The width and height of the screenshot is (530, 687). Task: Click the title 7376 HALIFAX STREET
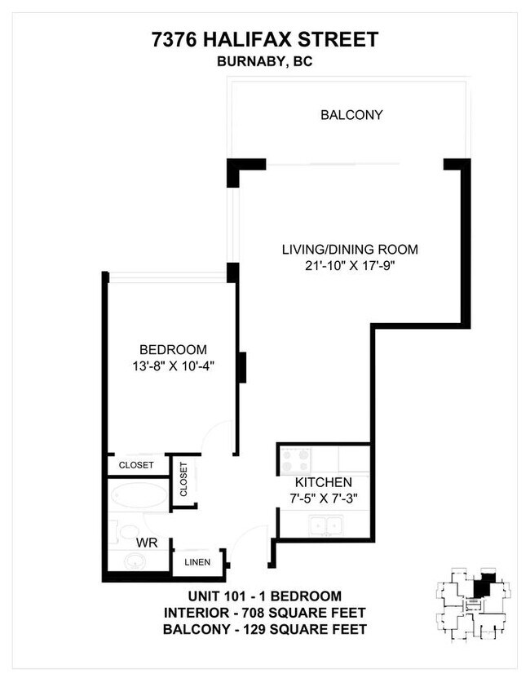(265, 39)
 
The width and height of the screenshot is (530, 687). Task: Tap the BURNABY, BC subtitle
(265, 60)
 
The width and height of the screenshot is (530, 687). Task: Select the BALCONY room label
(351, 115)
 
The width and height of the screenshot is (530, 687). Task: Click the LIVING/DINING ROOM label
(350, 250)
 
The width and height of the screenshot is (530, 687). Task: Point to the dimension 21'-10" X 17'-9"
(350, 265)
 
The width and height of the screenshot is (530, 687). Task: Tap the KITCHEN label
(324, 482)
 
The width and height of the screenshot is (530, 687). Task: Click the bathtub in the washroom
(138, 495)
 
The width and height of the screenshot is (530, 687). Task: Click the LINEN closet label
(197, 562)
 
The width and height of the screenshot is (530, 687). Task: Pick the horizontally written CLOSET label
(136, 465)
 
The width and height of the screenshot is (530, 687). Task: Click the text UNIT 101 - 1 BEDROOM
(265, 596)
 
